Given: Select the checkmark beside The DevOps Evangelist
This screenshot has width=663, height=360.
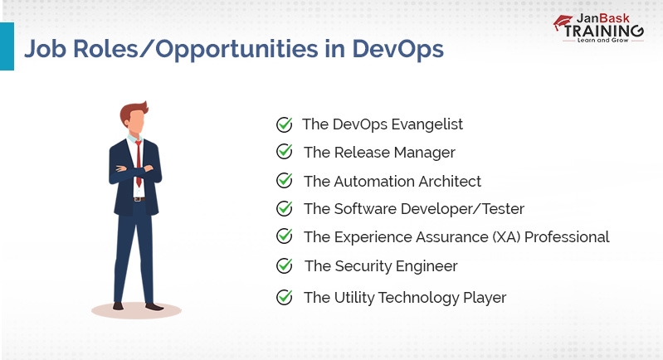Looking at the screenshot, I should point(284,124).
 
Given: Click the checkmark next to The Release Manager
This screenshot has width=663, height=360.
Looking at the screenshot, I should point(284,152).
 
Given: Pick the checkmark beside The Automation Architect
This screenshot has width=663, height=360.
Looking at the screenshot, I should point(284,180).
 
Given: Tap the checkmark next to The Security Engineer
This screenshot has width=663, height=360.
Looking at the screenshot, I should point(284,265).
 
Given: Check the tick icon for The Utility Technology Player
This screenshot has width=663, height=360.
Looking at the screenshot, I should point(284,296).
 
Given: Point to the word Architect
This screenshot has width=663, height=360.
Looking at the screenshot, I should point(449,181).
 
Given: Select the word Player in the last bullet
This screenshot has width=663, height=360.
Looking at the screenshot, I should point(484,297).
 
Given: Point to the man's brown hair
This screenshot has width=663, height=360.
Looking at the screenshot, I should point(135,110).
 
